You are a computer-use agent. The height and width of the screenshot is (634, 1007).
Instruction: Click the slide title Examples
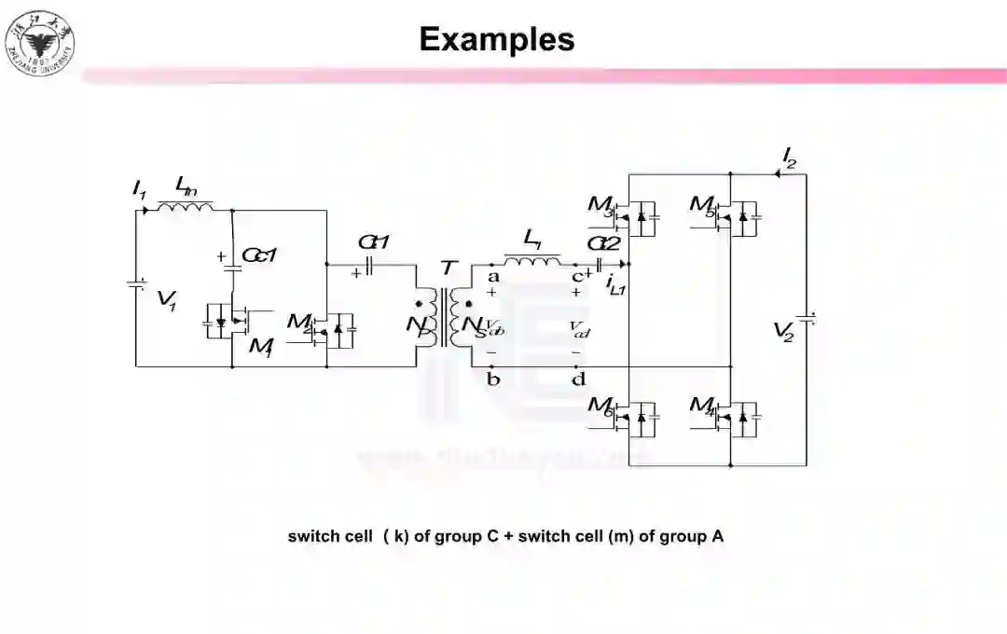click(x=496, y=39)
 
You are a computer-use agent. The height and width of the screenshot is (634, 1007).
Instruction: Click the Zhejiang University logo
click(x=40, y=43)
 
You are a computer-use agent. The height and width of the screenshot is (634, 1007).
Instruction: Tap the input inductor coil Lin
click(x=186, y=206)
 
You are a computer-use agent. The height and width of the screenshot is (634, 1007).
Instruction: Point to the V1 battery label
click(x=167, y=300)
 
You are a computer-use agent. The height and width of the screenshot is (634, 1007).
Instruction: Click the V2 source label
click(x=784, y=331)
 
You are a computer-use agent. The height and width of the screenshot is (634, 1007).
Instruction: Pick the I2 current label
click(x=789, y=156)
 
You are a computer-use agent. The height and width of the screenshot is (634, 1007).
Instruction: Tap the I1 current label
click(x=139, y=191)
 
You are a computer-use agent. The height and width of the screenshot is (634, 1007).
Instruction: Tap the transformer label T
click(x=449, y=269)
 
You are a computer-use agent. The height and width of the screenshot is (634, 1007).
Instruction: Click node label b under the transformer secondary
click(x=493, y=379)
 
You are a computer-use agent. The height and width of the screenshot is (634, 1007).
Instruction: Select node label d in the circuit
click(x=578, y=379)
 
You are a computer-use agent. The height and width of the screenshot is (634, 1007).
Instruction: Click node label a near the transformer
click(x=493, y=276)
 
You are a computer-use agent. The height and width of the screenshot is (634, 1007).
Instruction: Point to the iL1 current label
click(x=615, y=285)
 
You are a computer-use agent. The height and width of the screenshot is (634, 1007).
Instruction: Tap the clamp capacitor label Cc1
click(x=260, y=255)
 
